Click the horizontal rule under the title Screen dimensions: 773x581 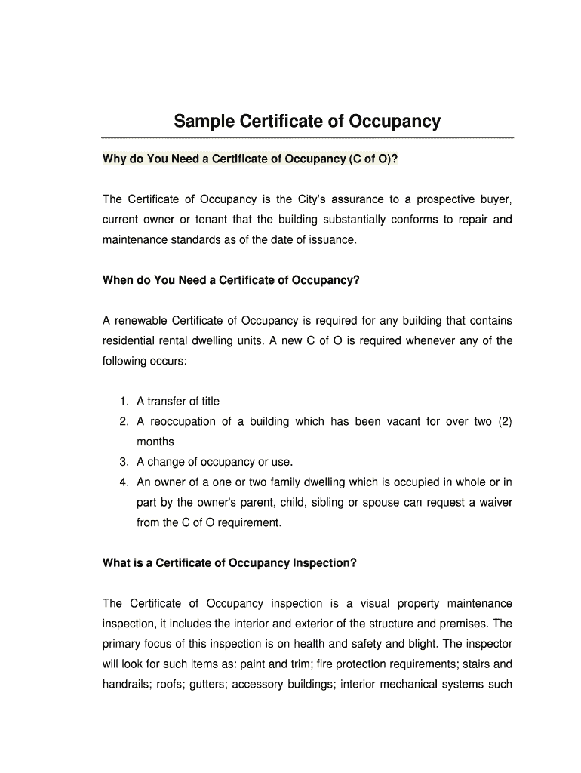308,138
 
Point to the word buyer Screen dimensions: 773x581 493,200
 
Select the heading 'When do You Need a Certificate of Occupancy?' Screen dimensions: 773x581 231,280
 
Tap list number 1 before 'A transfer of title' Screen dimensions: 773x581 123,402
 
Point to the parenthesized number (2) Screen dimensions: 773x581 504,421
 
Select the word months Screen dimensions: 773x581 155,442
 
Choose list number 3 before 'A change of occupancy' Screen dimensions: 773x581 123,462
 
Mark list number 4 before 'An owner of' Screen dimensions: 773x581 123,482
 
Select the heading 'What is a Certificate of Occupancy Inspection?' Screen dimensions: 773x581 229,562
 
